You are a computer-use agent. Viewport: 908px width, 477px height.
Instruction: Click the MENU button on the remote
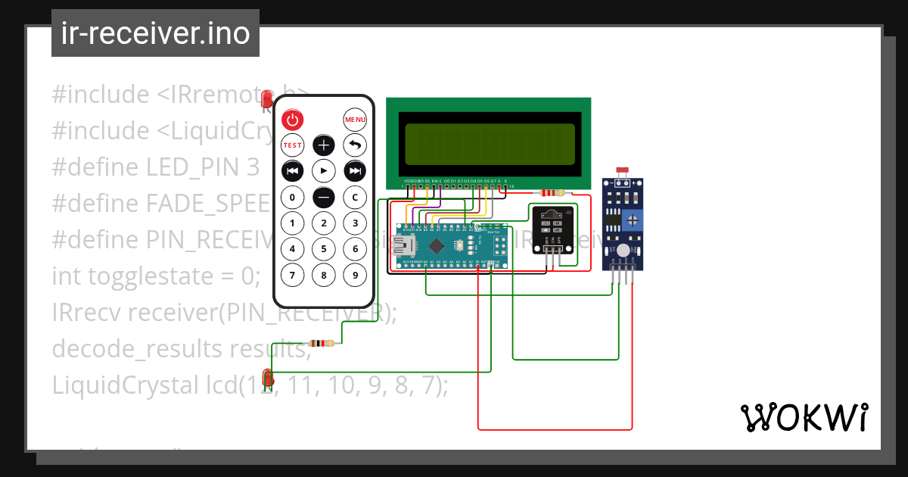(355, 120)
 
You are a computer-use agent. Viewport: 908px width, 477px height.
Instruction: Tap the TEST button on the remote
(292, 145)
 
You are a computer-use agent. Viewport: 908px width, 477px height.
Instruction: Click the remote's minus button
(324, 198)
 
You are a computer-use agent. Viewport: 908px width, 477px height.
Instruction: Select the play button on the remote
(324, 170)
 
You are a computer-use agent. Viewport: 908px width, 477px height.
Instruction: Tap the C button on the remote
(355, 198)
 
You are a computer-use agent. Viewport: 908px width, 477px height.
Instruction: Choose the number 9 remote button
(355, 274)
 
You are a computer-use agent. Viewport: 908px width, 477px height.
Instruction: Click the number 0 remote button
(292, 198)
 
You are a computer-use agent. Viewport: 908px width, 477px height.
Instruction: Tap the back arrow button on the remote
(355, 145)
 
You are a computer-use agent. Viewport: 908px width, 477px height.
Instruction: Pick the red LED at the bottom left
(267, 376)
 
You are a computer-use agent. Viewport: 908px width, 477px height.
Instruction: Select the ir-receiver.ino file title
(155, 33)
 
